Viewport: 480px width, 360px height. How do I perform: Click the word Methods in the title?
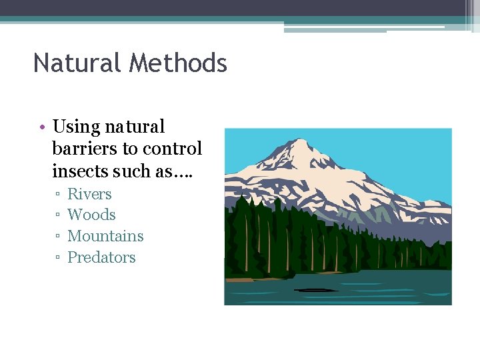[x=179, y=63]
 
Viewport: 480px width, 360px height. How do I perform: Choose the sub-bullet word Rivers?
[x=89, y=194]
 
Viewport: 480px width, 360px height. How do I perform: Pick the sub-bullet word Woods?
[x=91, y=215]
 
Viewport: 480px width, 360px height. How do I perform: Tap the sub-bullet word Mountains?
[x=105, y=236]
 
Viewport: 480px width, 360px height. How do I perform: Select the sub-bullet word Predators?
[x=101, y=257]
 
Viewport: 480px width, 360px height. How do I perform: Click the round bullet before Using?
[x=41, y=127]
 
